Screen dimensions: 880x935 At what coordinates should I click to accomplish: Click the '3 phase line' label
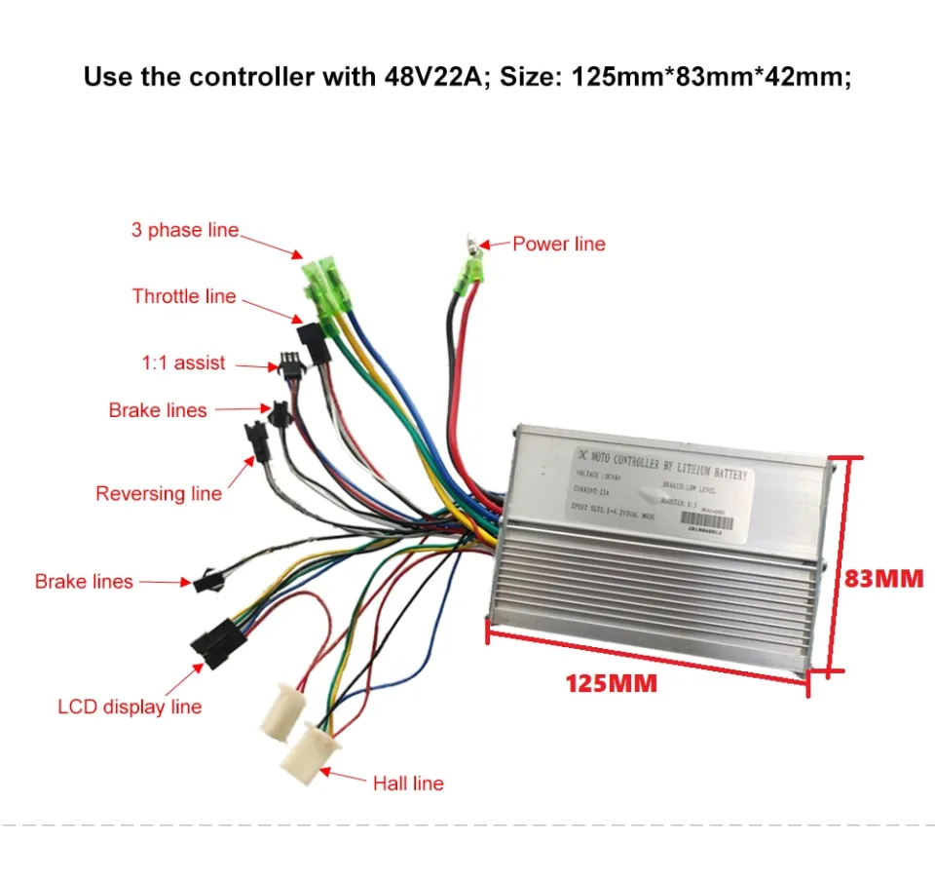point(185,231)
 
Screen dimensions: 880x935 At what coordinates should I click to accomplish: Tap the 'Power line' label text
point(559,244)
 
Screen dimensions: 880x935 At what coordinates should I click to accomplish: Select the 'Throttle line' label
point(184,296)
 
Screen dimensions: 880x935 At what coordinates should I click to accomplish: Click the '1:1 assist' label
point(183,363)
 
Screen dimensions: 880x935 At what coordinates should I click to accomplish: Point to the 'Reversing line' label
point(159,493)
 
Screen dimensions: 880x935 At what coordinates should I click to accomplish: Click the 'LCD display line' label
point(130,707)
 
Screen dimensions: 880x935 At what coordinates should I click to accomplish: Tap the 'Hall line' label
point(408,783)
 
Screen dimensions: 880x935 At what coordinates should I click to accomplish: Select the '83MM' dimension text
point(882,578)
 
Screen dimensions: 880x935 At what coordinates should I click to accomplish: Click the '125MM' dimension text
point(612,684)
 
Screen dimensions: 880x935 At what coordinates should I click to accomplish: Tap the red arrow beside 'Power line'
point(498,246)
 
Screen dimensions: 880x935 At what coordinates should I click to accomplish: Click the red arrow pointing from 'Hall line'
point(346,777)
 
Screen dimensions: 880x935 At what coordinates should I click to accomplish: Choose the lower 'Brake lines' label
point(84,582)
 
